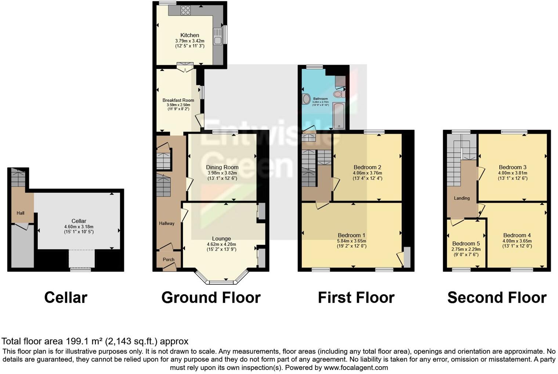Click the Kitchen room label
click(189, 35)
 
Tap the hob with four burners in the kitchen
click(185, 10)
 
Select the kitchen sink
click(218, 36)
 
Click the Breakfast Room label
click(178, 100)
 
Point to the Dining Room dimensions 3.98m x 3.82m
click(222, 173)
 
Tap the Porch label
click(169, 259)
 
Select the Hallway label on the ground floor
click(167, 223)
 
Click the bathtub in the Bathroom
click(338, 116)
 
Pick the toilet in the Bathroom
click(338, 94)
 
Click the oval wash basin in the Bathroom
click(306, 98)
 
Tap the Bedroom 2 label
click(367, 167)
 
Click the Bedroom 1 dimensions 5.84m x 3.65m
click(351, 241)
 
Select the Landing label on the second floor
click(461, 198)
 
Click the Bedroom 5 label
click(466, 244)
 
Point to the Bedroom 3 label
click(512, 167)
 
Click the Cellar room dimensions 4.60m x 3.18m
click(79, 227)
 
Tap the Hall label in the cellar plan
click(20, 213)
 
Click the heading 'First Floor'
click(356, 298)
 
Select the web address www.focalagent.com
click(356, 367)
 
